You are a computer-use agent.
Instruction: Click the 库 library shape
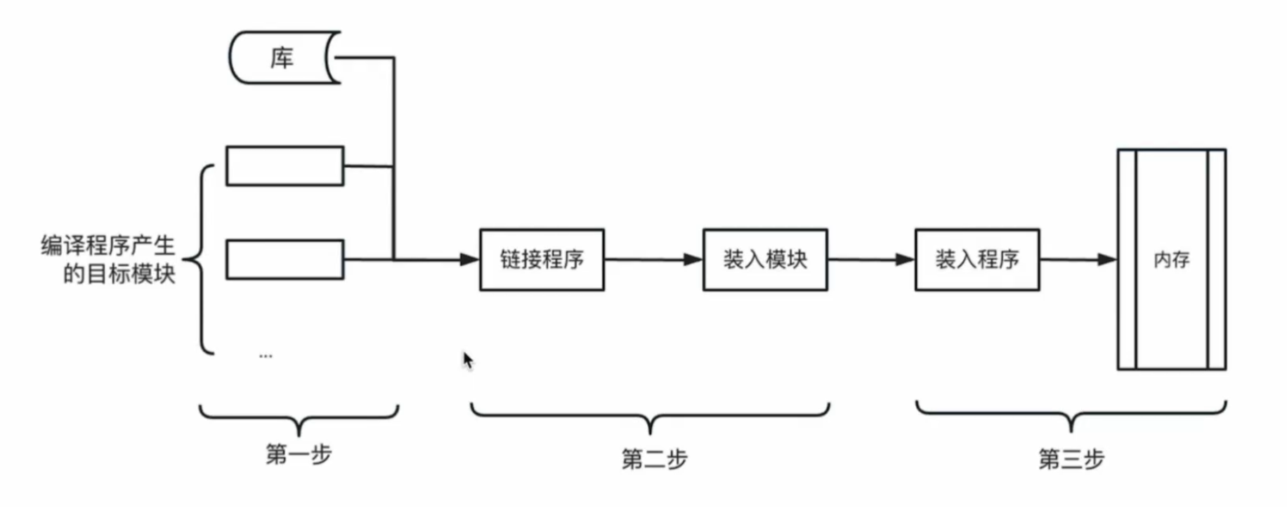pos(283,58)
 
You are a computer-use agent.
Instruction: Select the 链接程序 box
pos(542,260)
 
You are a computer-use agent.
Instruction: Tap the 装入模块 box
pos(765,260)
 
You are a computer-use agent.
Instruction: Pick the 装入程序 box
pos(977,260)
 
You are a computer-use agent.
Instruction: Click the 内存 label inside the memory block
pos(1171,260)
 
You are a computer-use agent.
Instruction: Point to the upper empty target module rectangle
pos(285,166)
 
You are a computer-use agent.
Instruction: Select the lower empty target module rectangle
pos(285,260)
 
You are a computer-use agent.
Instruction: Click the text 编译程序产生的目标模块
pos(109,260)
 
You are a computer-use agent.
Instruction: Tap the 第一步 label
pos(299,454)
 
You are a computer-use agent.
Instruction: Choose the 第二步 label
pos(654,459)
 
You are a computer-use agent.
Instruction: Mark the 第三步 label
pos(1071,459)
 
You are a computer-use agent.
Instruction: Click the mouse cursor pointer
pos(468,360)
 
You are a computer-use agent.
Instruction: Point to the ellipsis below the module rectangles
pos(266,356)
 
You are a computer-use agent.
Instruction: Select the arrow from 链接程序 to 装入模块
pos(653,260)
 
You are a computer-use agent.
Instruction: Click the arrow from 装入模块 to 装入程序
pos(871,260)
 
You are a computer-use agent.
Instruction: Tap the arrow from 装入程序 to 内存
pos(1078,260)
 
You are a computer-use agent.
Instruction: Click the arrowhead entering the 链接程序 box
pos(469,260)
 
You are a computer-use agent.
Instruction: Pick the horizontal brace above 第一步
pos(299,416)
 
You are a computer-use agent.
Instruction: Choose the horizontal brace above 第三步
pos(1071,414)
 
